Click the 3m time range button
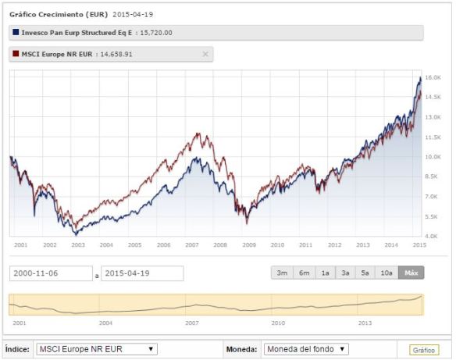point(281,273)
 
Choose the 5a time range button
point(365,273)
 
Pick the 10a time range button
point(386,273)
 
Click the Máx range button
point(410,273)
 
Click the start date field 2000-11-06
point(49,273)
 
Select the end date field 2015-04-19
point(142,273)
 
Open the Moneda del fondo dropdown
point(306,349)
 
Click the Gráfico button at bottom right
point(425,350)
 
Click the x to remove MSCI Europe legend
point(205,54)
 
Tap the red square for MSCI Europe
point(16,54)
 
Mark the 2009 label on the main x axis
point(249,245)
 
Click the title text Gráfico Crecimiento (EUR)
point(58,14)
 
